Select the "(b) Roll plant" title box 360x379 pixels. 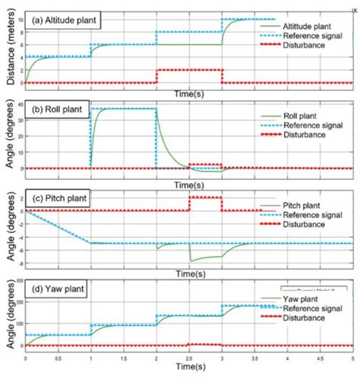click(57, 111)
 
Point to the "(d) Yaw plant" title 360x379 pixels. click(57, 289)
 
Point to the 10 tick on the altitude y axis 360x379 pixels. click(19, 19)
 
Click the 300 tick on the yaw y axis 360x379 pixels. click(17, 282)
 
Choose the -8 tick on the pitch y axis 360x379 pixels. click(20, 264)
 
